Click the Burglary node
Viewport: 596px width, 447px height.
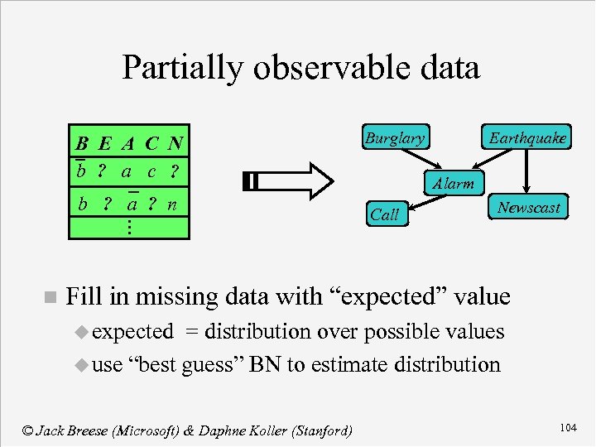coord(394,138)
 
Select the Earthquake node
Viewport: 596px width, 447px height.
coord(527,138)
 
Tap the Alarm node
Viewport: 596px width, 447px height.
coord(453,184)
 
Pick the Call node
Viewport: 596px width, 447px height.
coord(385,214)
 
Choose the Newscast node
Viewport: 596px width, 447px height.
coord(528,208)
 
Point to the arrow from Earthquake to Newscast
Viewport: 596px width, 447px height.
coord(526,172)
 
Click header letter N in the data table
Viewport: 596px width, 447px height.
coord(174,143)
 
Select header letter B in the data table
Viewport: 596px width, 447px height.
coord(81,143)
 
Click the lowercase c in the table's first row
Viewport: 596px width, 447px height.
coord(151,172)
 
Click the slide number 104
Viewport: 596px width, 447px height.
coord(568,427)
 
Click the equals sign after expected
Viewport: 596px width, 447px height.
coord(191,332)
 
